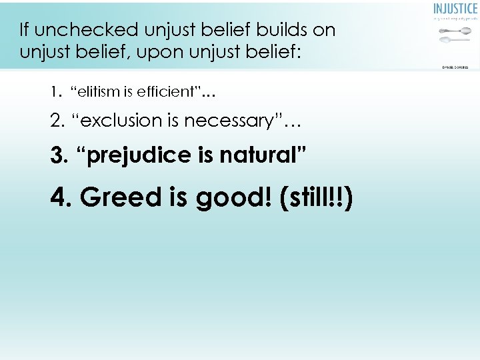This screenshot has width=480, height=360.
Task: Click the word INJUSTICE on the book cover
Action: [x=455, y=9]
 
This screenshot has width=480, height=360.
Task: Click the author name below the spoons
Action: [x=455, y=66]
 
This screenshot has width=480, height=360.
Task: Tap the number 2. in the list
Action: [x=58, y=121]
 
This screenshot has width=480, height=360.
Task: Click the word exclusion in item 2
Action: [x=120, y=121]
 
